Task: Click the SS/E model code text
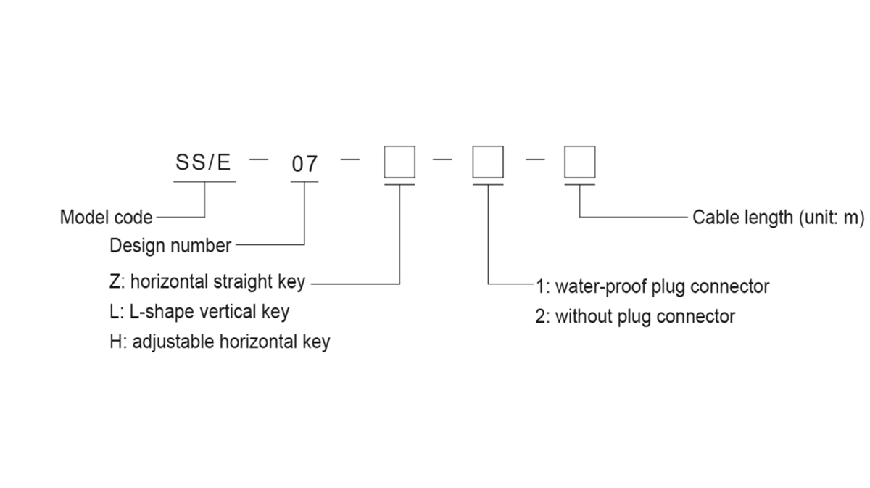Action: click(x=203, y=162)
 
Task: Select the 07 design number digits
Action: click(x=304, y=165)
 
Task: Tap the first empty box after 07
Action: click(x=399, y=162)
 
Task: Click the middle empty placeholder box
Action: click(x=488, y=162)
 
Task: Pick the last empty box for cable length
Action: click(x=580, y=162)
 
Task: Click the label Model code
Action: click(x=107, y=217)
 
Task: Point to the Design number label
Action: click(x=170, y=246)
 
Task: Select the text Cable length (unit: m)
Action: click(x=778, y=218)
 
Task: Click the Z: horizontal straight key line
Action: click(x=207, y=282)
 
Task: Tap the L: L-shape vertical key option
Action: click(x=199, y=312)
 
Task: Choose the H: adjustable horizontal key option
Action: click(x=220, y=342)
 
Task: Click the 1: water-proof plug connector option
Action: click(x=652, y=286)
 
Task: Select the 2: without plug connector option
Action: click(x=635, y=317)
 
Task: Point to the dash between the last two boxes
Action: click(x=535, y=160)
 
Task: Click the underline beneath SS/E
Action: click(x=205, y=181)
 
